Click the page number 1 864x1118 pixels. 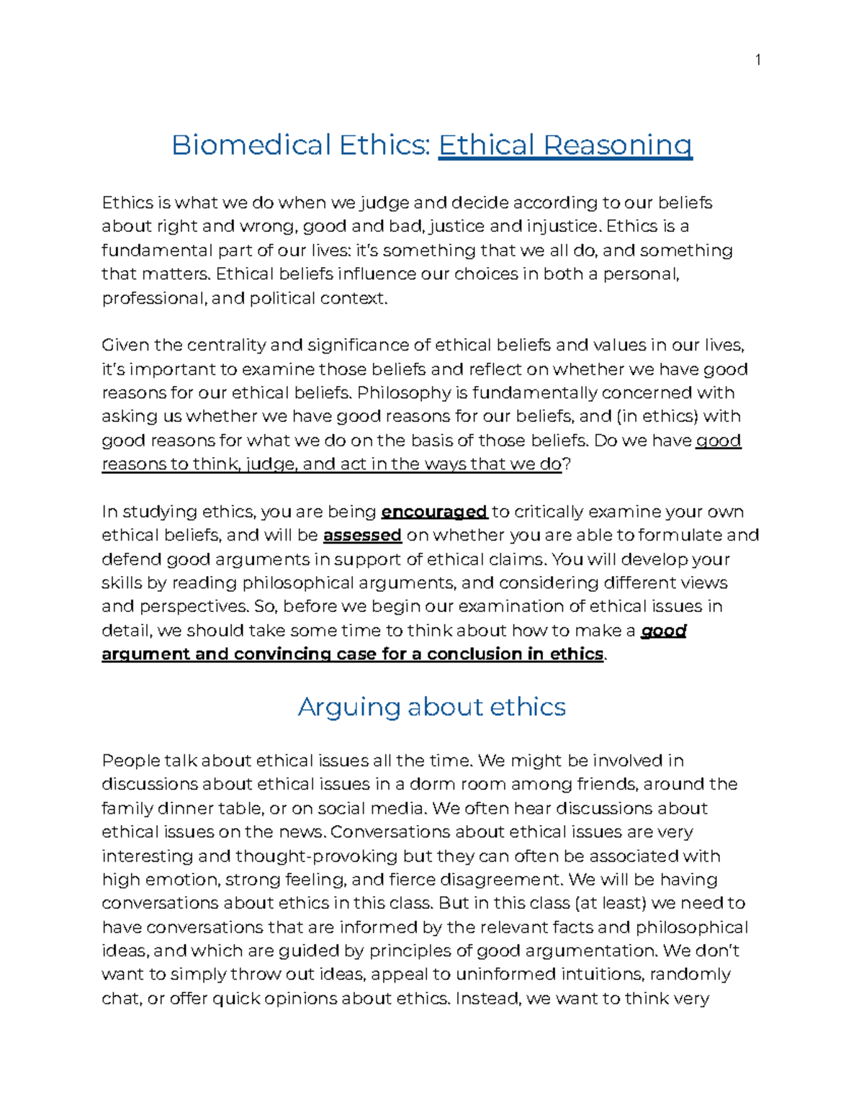757,60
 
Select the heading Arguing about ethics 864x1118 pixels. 431,707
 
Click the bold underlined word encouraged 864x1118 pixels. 434,512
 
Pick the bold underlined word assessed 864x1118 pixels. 362,536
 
